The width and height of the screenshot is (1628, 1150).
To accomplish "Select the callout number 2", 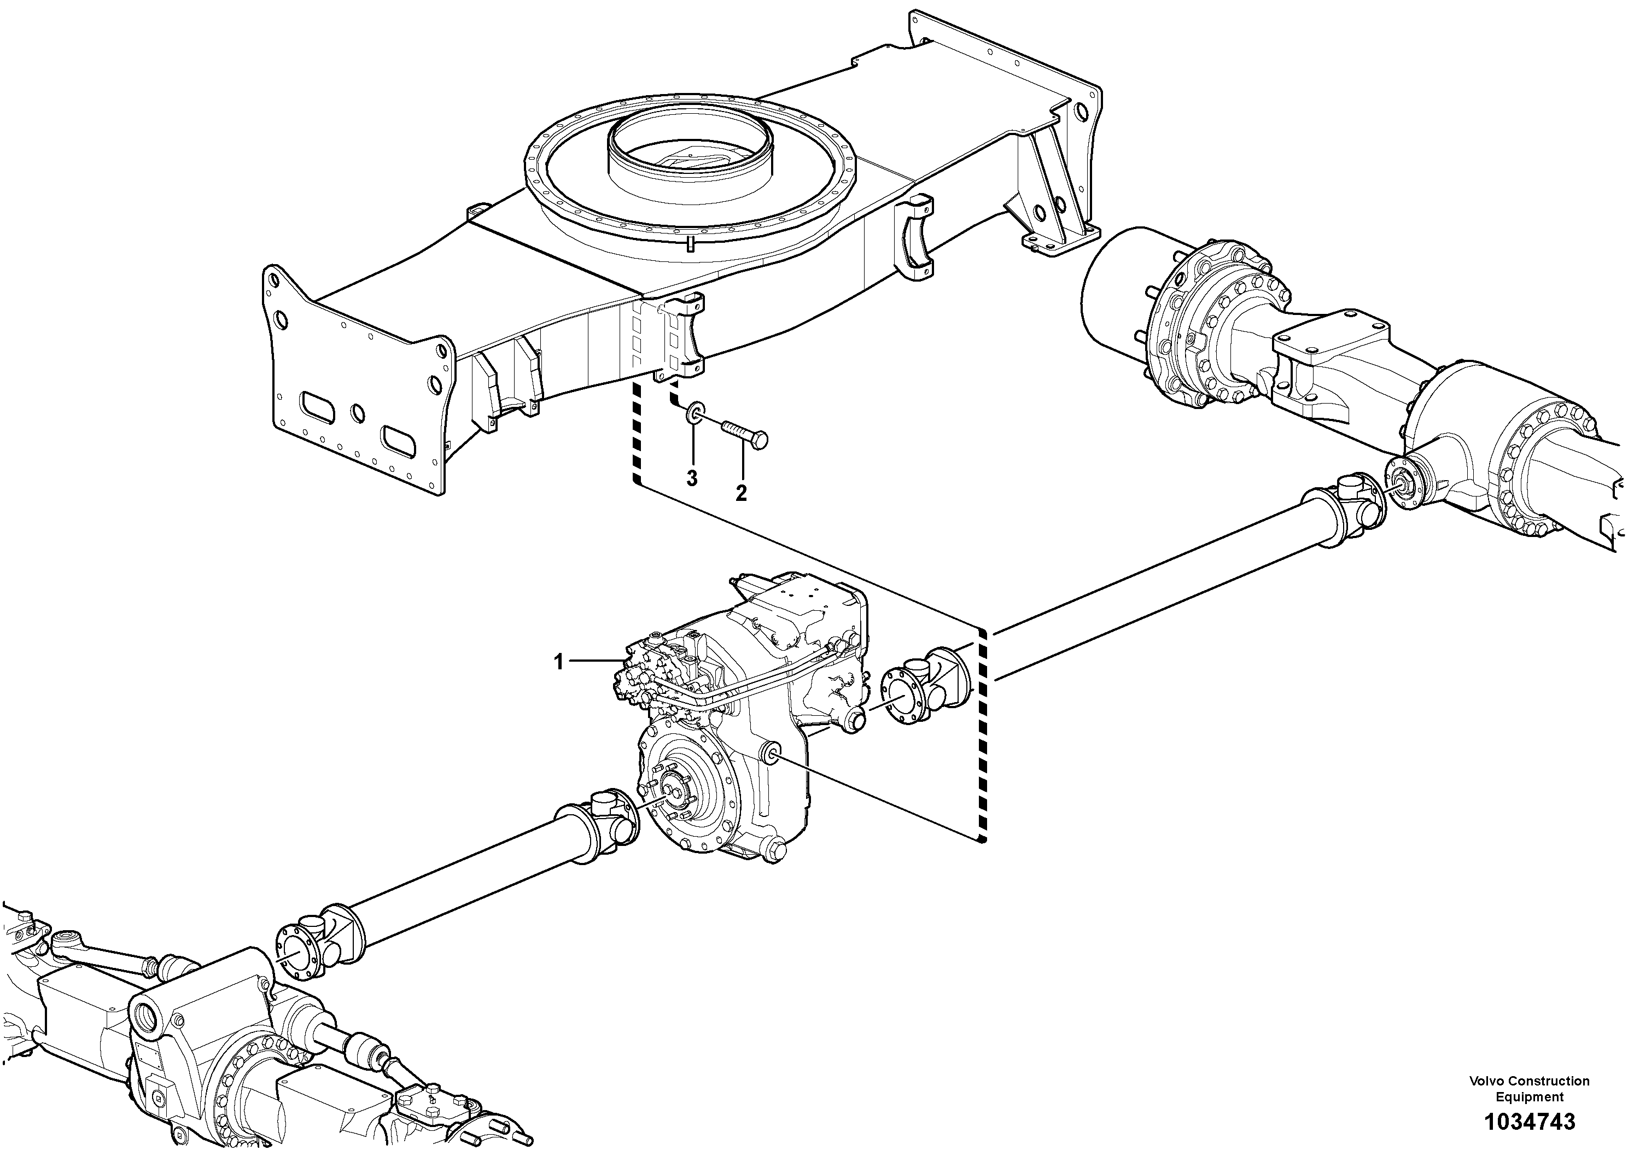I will click(x=741, y=493).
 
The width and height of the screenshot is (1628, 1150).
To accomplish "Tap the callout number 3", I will click(x=692, y=478).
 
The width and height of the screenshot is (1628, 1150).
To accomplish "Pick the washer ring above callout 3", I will click(x=694, y=411).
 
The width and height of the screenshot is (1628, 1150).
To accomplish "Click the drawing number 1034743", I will click(x=1528, y=1122).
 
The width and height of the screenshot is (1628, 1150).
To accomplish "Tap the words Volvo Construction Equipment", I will click(x=1528, y=1088).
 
